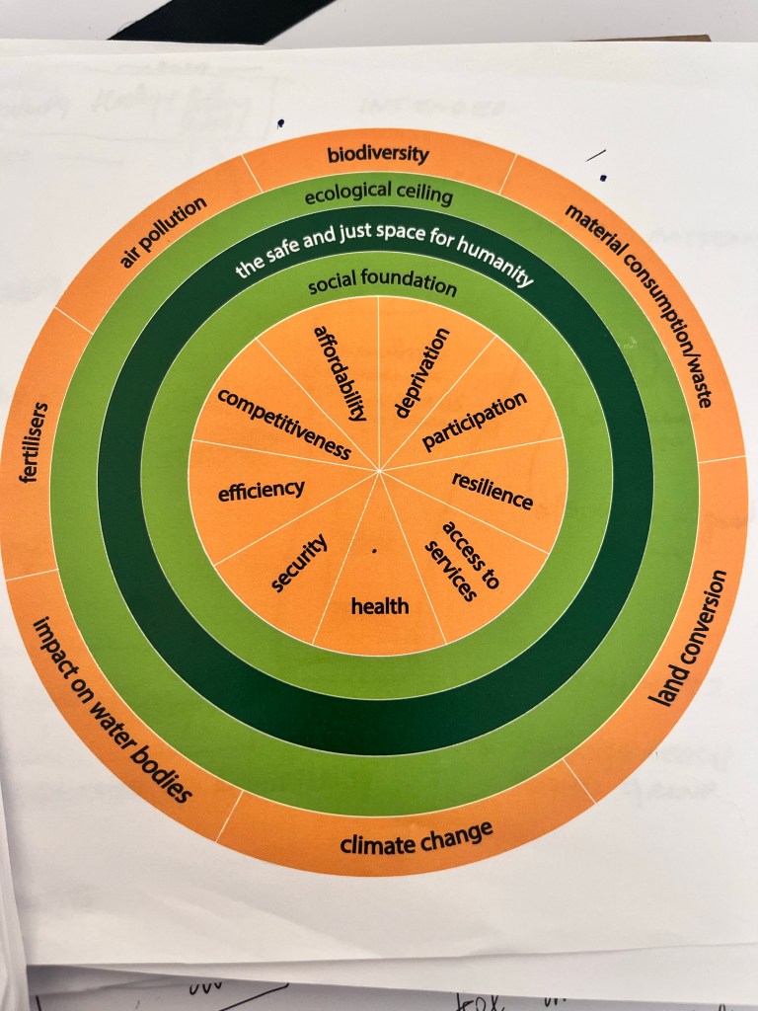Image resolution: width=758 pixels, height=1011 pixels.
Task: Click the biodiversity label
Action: [x=379, y=154]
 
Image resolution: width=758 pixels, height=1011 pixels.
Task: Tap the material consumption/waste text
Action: [x=641, y=305]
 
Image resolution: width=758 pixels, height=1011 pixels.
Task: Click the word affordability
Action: [x=341, y=373]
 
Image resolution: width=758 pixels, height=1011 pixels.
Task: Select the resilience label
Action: [x=493, y=491]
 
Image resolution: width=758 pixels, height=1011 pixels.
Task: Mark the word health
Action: [x=380, y=605]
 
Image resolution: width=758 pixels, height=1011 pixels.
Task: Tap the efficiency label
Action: [x=262, y=489]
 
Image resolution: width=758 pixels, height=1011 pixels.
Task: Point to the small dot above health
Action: [x=375, y=553]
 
